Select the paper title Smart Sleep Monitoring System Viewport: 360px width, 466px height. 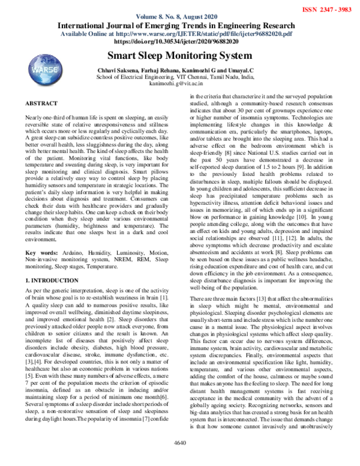tap(179, 56)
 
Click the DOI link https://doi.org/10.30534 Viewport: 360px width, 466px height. tap(179, 43)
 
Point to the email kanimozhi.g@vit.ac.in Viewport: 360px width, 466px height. tap(179, 85)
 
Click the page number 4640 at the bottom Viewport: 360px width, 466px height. tap(179, 459)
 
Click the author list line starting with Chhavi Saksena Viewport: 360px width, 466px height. tap(179, 71)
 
